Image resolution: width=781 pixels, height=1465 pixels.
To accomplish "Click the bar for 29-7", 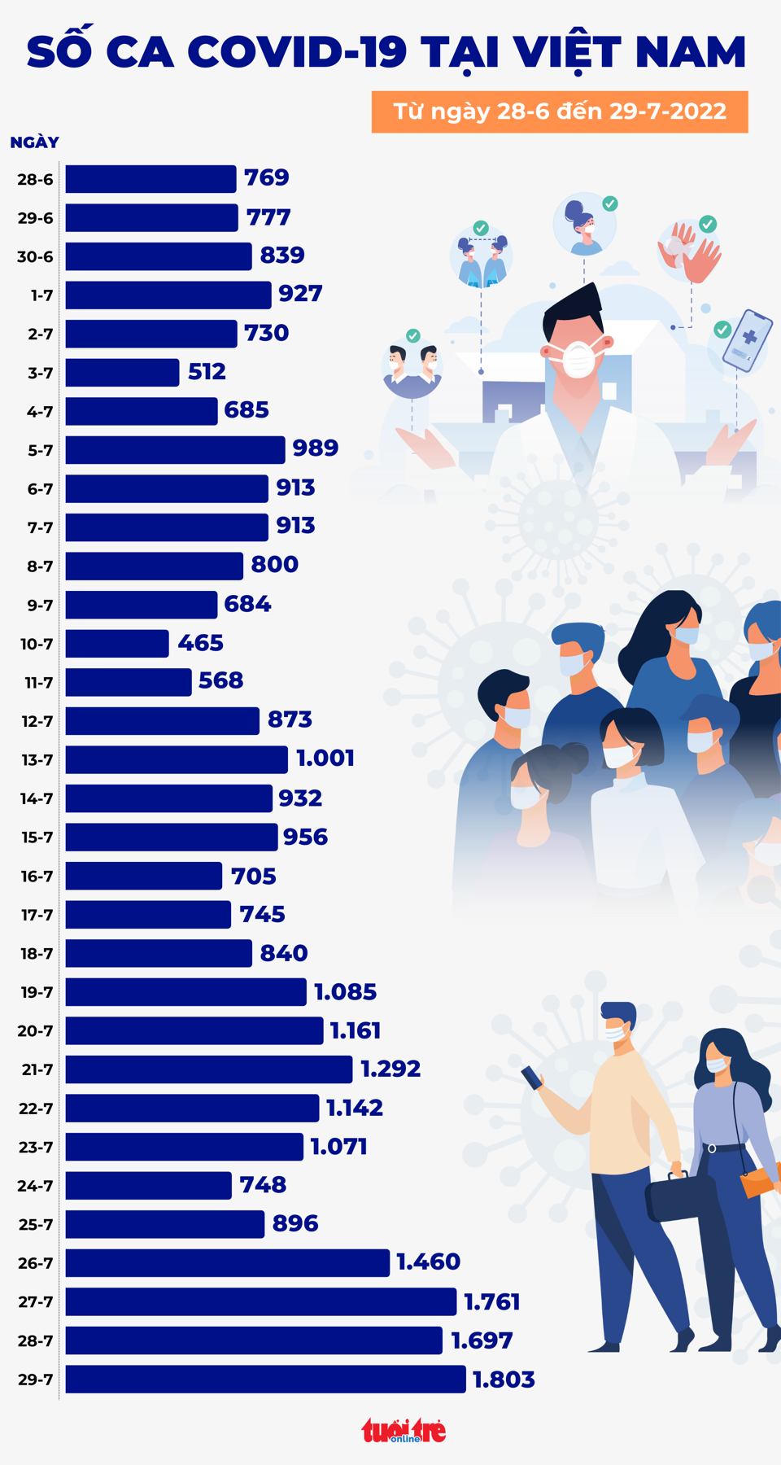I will (x=265, y=1379).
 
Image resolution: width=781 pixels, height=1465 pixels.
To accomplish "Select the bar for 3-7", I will (x=122, y=373).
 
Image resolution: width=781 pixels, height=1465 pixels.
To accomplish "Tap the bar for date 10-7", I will (x=117, y=644).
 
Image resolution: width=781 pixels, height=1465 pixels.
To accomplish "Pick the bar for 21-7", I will (x=209, y=1069).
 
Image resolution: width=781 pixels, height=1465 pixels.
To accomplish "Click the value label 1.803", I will (x=504, y=1380).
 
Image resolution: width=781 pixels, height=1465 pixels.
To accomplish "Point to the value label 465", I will (x=200, y=643).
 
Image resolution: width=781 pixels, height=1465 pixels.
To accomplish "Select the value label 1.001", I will (x=325, y=759).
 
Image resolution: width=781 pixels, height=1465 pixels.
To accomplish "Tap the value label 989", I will (x=315, y=448).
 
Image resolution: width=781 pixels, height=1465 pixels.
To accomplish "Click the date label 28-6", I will (x=35, y=180).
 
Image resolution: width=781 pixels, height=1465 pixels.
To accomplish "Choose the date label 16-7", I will (x=37, y=877).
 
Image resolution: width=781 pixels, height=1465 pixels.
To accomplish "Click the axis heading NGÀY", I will (x=34, y=142).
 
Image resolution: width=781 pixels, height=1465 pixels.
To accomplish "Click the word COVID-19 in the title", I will (x=297, y=51).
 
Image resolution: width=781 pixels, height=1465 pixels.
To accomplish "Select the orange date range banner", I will (x=560, y=112).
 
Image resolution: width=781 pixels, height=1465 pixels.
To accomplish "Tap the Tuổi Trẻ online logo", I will (x=404, y=1430).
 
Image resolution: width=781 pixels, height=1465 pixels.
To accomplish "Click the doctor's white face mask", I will (x=578, y=359).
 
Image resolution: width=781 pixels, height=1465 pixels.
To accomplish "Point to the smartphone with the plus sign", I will (x=747, y=340).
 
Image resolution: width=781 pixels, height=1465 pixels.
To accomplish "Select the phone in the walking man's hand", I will (x=532, y=1078).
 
